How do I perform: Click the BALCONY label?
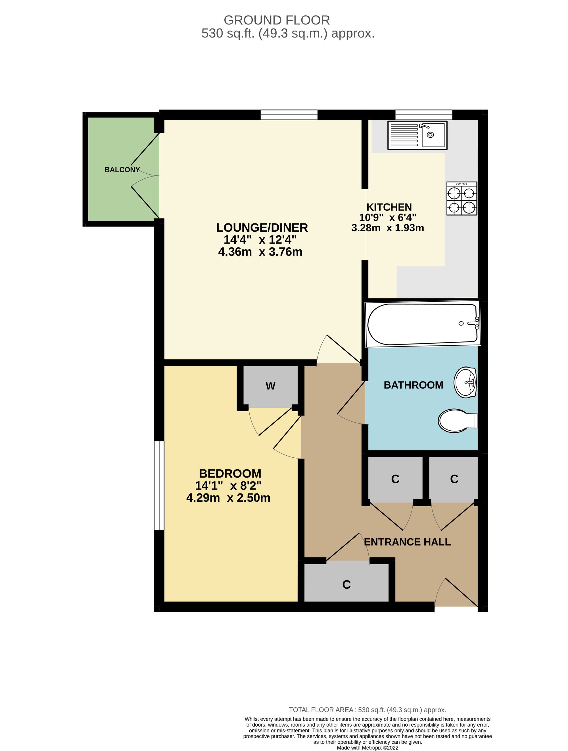pos(122,170)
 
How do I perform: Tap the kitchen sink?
pos(417,135)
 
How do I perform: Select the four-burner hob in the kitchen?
pos(461,199)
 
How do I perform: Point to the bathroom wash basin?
pos(465,382)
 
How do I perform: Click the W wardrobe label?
pos(270,386)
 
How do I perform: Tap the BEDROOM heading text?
pos(230,474)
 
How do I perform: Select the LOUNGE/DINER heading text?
pos(262,227)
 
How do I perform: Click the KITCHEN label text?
pos(389,207)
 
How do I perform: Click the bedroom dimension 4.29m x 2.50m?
pos(228,498)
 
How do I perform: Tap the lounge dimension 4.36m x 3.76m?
pos(260,252)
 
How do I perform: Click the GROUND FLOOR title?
pos(277,20)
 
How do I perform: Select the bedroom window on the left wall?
pos(159,486)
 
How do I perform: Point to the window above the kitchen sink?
pos(424,115)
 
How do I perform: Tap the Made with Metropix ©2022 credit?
pos(367,748)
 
